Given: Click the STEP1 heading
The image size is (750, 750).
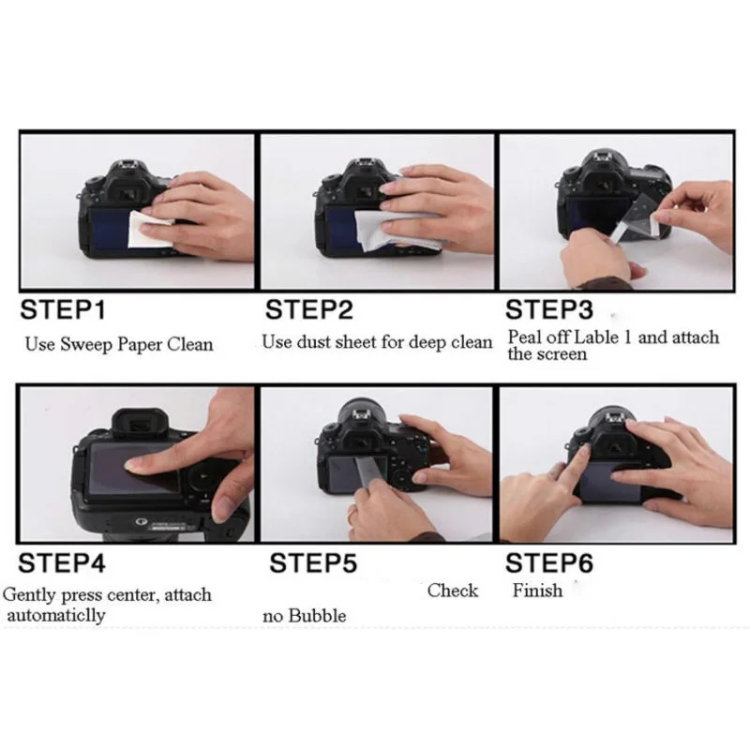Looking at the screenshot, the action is point(63,309).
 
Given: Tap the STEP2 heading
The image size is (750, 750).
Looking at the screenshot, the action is point(309,309).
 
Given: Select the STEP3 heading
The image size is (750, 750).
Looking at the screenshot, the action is point(549,309).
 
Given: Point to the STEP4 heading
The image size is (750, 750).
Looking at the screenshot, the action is point(62,562).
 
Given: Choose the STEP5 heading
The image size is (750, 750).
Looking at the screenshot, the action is point(313,562).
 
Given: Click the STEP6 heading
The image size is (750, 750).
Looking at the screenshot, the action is point(549,562).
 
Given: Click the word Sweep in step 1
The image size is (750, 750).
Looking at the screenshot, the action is point(86,345).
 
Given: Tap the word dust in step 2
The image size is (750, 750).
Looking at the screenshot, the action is point(314,342).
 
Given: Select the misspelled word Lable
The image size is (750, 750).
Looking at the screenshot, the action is point(596,337).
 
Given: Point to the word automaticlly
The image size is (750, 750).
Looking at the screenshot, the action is point(56,615).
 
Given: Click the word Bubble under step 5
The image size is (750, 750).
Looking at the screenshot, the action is point(318,616).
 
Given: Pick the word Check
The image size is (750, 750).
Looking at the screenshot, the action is point(453,591).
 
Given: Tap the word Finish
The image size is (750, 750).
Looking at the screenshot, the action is point(537,591).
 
